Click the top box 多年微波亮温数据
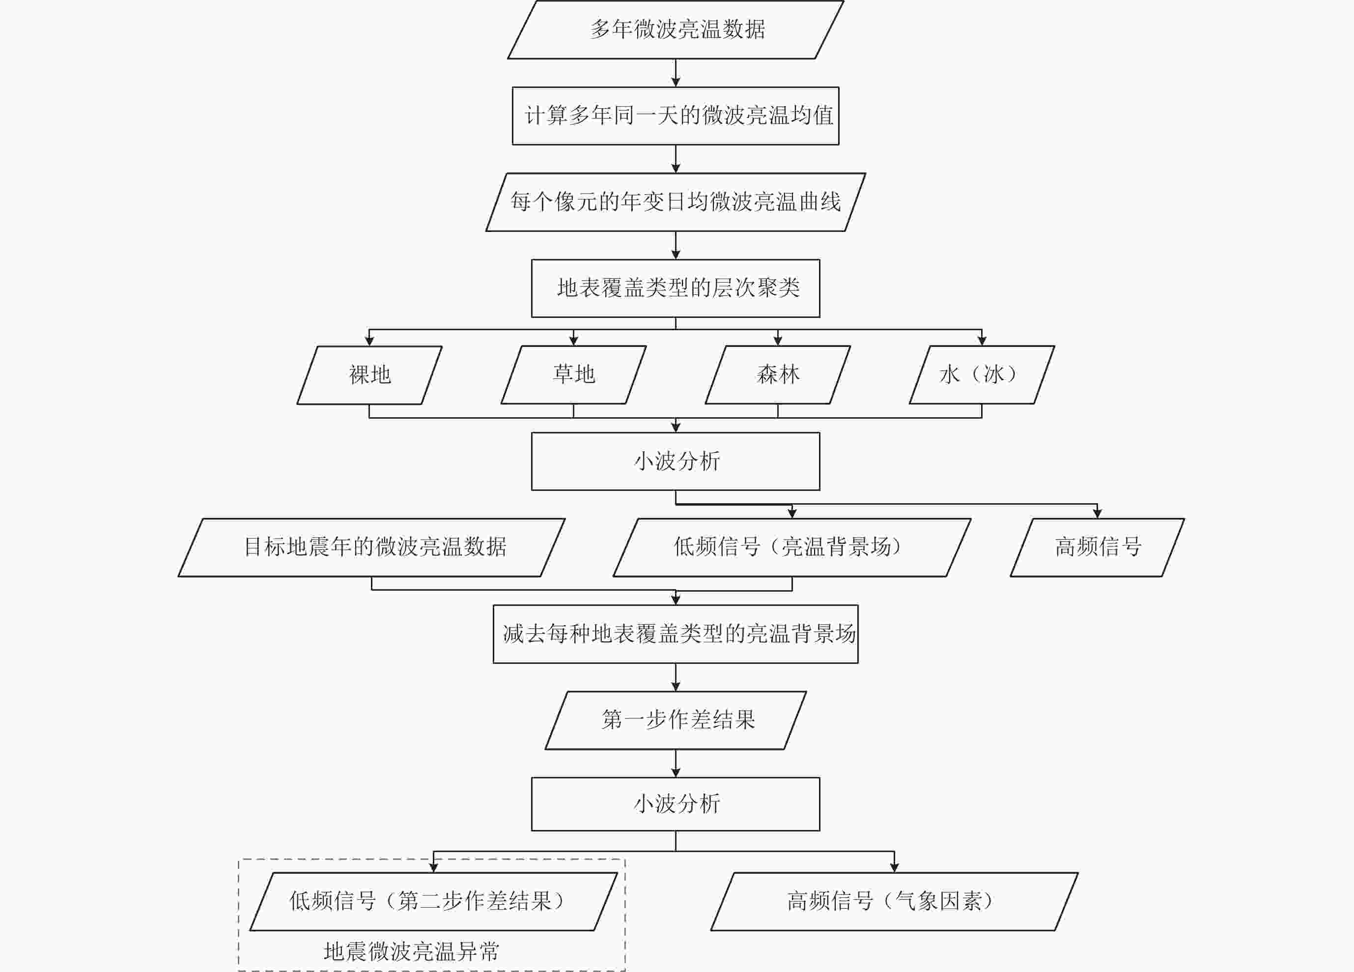tap(676, 29)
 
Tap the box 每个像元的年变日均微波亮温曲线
tap(676, 202)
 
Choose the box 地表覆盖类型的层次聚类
tap(676, 288)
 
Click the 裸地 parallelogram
tap(369, 375)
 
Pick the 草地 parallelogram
tap(574, 375)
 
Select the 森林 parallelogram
tap(778, 375)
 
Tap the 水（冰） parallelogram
tap(982, 375)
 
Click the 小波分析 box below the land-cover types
tap(676, 461)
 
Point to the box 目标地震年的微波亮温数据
tap(372, 547)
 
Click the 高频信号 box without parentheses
tap(1097, 547)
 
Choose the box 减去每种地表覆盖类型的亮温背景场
tap(676, 633)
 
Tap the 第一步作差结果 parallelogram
tap(676, 720)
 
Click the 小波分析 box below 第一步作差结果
tap(676, 803)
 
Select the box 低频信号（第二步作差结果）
tap(433, 901)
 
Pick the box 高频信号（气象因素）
tap(894, 901)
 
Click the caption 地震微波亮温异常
tap(411, 951)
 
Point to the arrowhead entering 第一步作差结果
tap(676, 687)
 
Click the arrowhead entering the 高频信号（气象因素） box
tap(894, 867)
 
